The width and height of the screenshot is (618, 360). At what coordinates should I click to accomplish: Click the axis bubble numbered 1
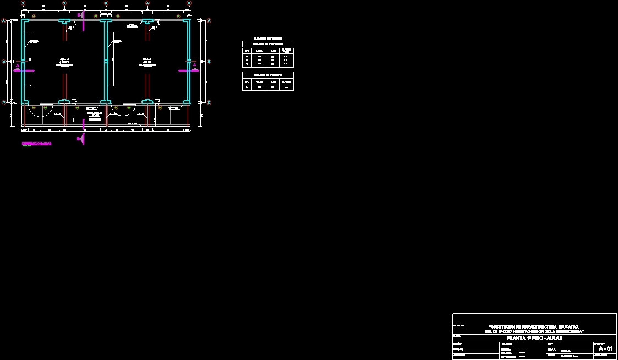coord(23,3)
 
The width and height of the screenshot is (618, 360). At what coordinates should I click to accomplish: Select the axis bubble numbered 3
coord(106,3)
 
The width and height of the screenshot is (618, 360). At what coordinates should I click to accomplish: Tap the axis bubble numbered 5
coord(189,3)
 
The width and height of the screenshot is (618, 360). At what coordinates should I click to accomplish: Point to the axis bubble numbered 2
coord(64,3)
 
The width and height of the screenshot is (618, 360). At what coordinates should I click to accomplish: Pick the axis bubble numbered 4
coord(147,3)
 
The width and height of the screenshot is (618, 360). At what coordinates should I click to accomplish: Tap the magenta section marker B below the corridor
coord(80,139)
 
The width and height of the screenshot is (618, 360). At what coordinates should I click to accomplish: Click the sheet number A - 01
coord(605,348)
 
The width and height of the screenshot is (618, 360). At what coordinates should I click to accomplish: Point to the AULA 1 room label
coord(64,61)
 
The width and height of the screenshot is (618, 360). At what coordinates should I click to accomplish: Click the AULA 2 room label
coord(147,61)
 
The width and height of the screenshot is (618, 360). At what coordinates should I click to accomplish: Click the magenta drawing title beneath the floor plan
coord(36,144)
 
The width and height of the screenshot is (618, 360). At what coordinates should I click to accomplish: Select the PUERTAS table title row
coord(267,74)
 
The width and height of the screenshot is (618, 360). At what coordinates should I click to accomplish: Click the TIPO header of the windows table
coord(247,50)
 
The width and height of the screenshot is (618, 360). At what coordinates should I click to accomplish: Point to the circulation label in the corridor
coord(95,114)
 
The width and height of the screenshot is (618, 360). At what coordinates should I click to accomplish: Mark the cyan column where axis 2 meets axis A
coord(64,21)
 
